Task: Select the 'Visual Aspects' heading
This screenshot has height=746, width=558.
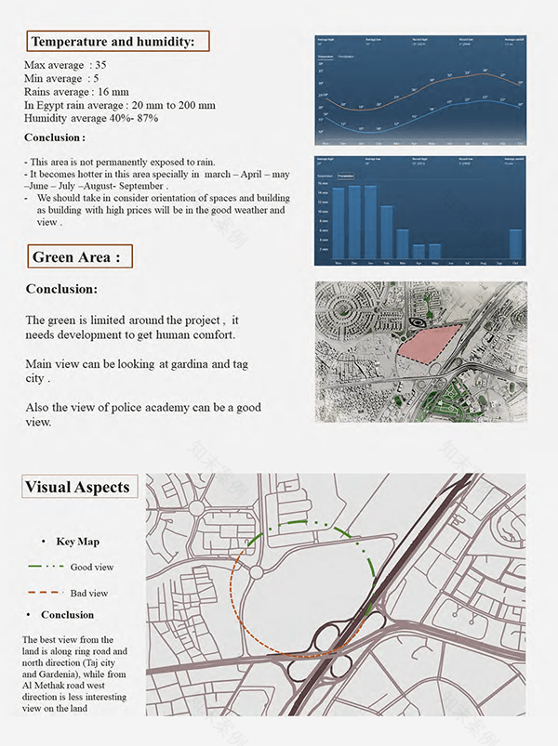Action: point(78,487)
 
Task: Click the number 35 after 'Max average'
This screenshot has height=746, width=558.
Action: point(100,64)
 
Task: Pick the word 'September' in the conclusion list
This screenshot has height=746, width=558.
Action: point(139,186)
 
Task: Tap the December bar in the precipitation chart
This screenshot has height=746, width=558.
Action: point(354,224)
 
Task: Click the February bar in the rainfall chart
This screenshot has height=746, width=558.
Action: point(387,231)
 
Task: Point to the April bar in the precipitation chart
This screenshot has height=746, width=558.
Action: point(418,251)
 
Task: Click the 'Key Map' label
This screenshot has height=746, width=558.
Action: point(77,542)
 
